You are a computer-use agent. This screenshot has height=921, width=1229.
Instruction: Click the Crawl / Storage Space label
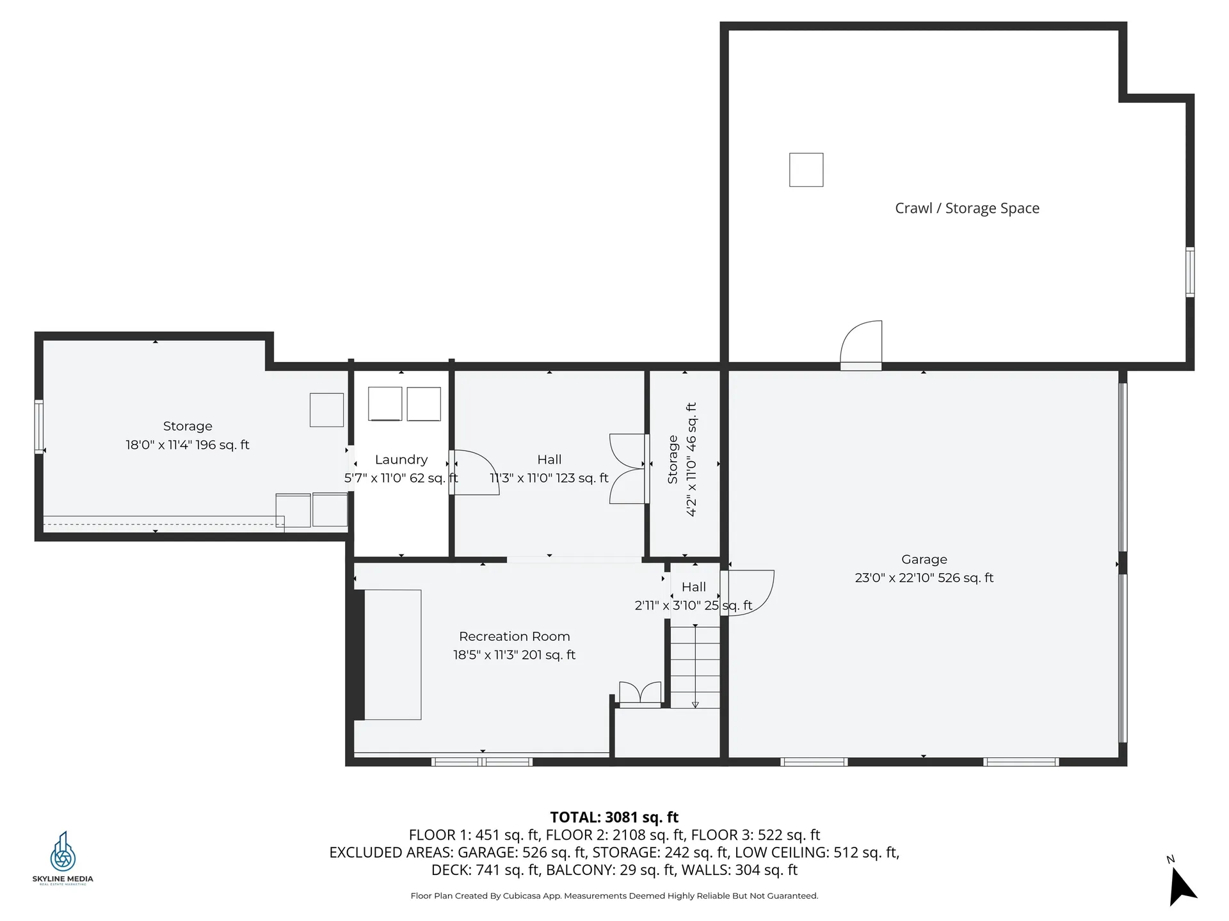[967, 209]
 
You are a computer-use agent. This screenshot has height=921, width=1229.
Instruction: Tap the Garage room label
[924, 560]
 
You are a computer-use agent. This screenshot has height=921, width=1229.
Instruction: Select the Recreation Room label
[514, 636]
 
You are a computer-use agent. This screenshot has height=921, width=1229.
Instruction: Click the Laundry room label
[401, 460]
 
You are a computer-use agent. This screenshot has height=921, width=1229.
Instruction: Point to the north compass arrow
[1182, 886]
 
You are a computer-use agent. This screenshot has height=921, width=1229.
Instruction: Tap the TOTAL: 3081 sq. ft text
[614, 817]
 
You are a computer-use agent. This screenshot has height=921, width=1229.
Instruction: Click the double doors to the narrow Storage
[628, 469]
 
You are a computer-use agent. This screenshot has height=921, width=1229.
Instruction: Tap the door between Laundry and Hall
[474, 472]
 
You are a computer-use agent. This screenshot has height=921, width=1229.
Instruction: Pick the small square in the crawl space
[806, 170]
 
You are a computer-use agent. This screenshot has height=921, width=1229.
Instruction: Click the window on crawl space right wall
[1189, 272]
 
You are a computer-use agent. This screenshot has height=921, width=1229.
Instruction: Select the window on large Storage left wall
[39, 427]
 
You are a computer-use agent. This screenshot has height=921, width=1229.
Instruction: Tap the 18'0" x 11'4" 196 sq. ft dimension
[188, 445]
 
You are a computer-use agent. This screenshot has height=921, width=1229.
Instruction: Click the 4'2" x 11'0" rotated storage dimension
[691, 459]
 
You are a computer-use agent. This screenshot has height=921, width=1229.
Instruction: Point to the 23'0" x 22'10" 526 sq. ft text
[924, 578]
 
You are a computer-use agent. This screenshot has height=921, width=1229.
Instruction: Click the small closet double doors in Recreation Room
[639, 693]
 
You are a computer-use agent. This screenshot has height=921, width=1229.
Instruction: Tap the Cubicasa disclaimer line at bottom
[614, 895]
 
